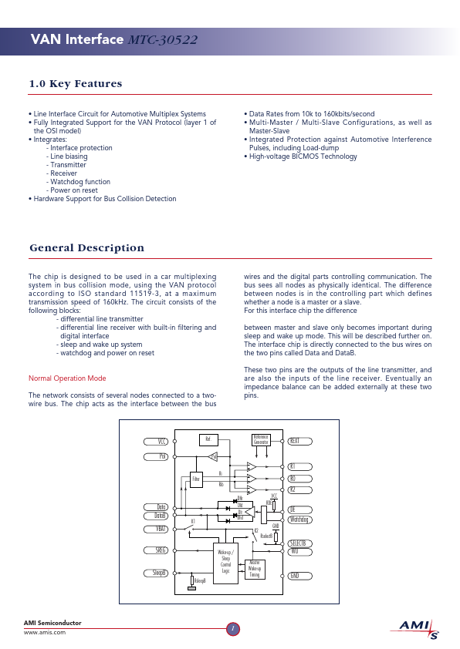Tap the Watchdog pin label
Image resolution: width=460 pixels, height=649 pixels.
click(x=299, y=520)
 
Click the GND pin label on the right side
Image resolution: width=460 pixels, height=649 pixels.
click(x=294, y=576)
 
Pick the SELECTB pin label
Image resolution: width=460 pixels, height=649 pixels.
click(x=299, y=543)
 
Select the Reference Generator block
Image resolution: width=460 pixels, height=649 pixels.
click(x=261, y=440)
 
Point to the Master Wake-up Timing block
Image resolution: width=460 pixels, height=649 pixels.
click(x=255, y=569)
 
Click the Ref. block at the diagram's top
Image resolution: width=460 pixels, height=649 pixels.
click(x=207, y=439)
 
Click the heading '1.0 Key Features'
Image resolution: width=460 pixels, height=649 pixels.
click(x=75, y=84)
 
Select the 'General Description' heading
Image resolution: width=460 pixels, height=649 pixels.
click(x=86, y=247)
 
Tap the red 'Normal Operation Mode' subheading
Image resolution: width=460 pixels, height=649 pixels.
click(x=67, y=378)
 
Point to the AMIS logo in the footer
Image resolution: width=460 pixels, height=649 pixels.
click(x=419, y=628)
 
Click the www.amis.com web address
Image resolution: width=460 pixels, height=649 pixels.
click(x=45, y=631)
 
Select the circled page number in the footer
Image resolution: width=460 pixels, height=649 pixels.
click(x=232, y=628)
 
